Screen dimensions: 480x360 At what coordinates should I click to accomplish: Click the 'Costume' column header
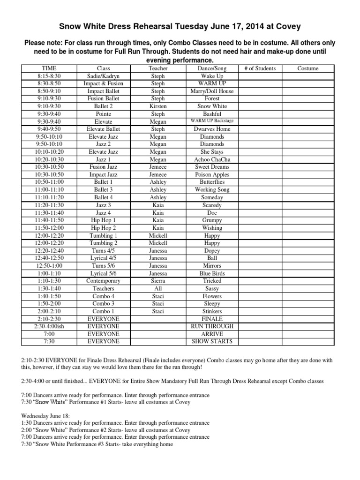[x=308, y=68]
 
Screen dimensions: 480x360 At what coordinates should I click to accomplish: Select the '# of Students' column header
[x=260, y=68]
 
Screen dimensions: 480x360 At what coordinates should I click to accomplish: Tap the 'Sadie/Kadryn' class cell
[x=103, y=76]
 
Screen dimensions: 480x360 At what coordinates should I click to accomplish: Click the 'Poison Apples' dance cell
[x=212, y=174]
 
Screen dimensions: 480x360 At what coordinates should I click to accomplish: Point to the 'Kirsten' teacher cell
[x=158, y=106]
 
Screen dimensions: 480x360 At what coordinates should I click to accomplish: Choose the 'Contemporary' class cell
[x=103, y=281]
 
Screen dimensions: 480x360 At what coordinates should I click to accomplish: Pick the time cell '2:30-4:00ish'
[x=49, y=326]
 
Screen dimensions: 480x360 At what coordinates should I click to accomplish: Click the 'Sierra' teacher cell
[x=158, y=281]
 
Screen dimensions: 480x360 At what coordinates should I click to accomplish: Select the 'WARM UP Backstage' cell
[x=212, y=121]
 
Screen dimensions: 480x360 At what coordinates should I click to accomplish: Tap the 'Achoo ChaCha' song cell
[x=212, y=159]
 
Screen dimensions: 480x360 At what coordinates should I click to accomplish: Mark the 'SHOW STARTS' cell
[x=212, y=341]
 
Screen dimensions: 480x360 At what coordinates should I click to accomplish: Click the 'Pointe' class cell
[x=103, y=114]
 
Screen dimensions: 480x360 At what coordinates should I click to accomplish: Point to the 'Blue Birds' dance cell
[x=212, y=273]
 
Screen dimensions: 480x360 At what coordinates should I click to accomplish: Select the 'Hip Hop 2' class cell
[x=103, y=228]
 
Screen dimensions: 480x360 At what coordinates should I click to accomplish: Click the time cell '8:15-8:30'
[x=49, y=76]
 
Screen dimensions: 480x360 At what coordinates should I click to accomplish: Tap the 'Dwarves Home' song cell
[x=212, y=129]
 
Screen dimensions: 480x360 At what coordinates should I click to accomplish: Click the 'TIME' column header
[x=49, y=68]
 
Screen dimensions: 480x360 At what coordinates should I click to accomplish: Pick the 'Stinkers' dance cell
[x=212, y=311]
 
